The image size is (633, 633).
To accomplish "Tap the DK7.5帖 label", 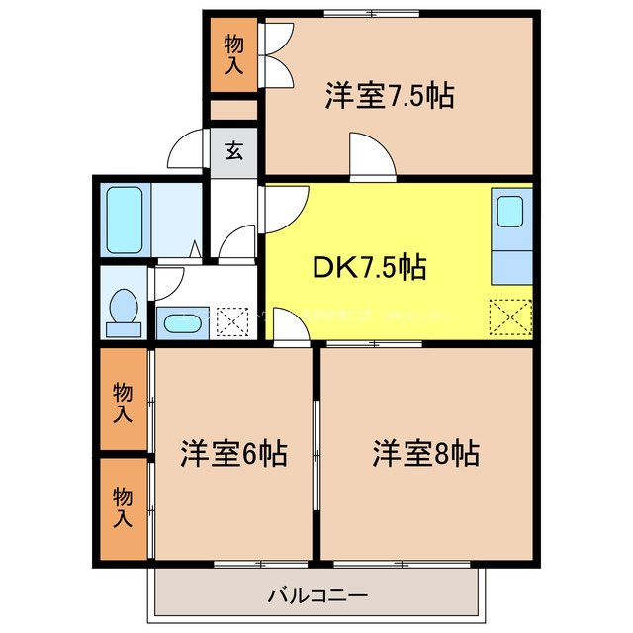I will [x=372, y=267].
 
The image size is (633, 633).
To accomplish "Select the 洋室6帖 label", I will [x=233, y=454].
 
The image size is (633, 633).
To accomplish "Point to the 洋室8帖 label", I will [x=425, y=454].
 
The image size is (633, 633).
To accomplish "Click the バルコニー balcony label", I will [x=317, y=596].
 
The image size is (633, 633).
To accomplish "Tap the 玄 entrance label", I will [x=233, y=151].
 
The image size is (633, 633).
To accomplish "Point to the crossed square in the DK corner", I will [x=511, y=316].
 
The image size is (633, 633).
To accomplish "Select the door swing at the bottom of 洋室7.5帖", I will [x=372, y=158].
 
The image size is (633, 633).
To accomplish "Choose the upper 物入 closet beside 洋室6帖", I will [x=123, y=403].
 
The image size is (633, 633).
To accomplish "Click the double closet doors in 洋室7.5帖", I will [x=274, y=54].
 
